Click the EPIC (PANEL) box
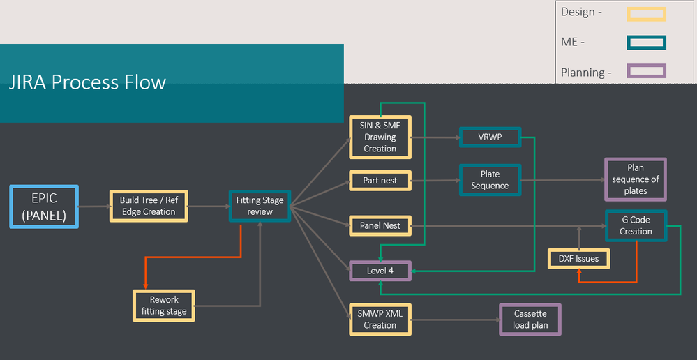pyautogui.click(x=44, y=207)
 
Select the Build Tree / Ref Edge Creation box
pyautogui.click(x=149, y=206)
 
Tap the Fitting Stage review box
pyautogui.click(x=260, y=206)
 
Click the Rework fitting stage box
pyautogui.click(x=163, y=306)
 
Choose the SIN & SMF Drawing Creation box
pyautogui.click(x=380, y=137)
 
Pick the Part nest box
pyautogui.click(x=380, y=181)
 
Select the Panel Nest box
pyautogui.click(x=380, y=225)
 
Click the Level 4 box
pyautogui.click(x=380, y=271)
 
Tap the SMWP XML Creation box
pyautogui.click(x=380, y=320)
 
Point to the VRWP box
pyautogui.click(x=490, y=137)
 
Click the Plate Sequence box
pyautogui.click(x=490, y=180)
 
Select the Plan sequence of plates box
pyautogui.click(x=635, y=179)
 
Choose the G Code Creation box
pyautogui.click(x=636, y=225)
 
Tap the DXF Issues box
pyautogui.click(x=578, y=259)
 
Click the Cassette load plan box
pyautogui.click(x=530, y=320)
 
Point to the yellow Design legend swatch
pyautogui.click(x=647, y=14)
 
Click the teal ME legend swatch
pyautogui.click(x=647, y=43)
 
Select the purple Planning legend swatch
pyautogui.click(x=647, y=71)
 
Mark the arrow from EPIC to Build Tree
pyautogui.click(x=93, y=207)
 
